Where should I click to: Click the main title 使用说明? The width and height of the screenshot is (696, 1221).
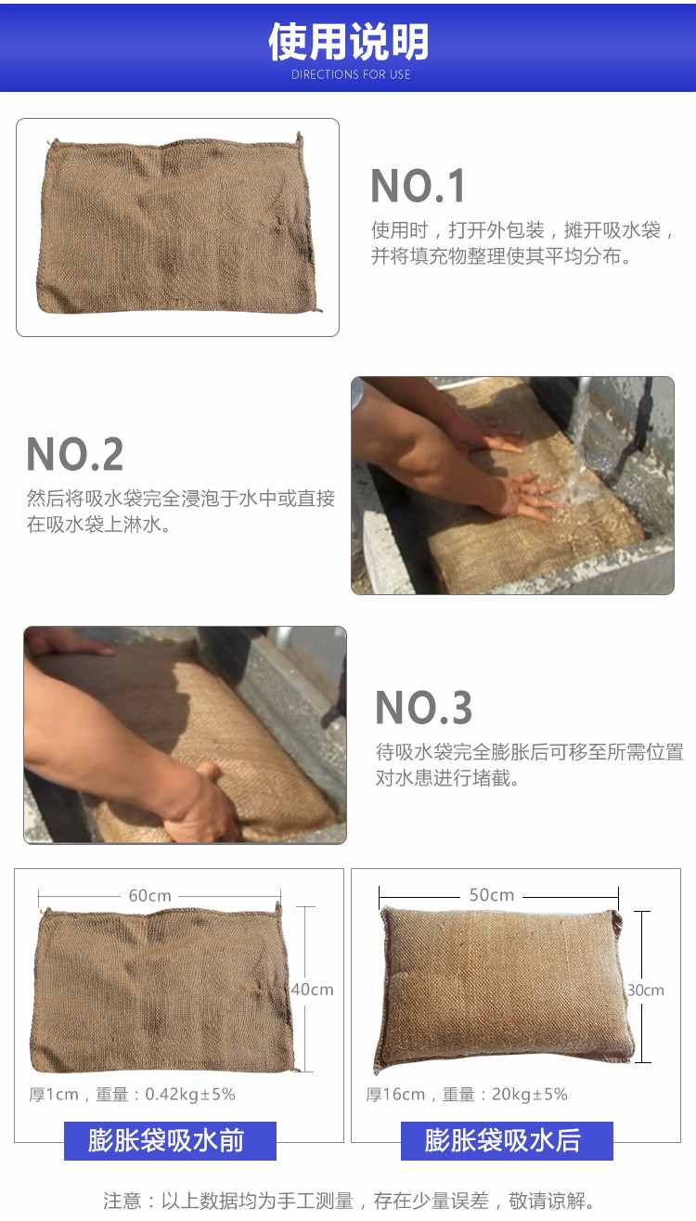click(349, 42)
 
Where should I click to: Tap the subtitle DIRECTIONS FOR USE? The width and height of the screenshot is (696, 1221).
click(351, 74)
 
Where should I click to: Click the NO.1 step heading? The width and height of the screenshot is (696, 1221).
click(418, 186)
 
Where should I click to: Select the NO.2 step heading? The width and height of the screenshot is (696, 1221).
click(75, 454)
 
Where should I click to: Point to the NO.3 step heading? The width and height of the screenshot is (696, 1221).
click(424, 708)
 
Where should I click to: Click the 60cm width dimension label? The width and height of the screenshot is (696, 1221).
click(149, 896)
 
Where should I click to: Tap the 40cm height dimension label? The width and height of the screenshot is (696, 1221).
click(312, 990)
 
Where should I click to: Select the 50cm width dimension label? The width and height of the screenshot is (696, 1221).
click(492, 895)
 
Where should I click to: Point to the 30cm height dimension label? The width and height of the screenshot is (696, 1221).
click(645, 991)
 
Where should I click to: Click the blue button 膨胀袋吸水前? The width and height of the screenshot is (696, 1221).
click(170, 1141)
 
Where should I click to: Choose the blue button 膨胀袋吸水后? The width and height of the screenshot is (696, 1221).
click(507, 1141)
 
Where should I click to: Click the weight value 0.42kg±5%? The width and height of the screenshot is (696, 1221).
click(190, 1095)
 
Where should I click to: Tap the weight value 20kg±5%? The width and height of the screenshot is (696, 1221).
click(529, 1095)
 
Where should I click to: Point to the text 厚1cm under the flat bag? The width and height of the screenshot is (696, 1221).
click(54, 1095)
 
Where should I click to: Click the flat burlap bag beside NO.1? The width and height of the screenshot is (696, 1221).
click(178, 225)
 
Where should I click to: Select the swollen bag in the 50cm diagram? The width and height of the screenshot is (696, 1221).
click(504, 988)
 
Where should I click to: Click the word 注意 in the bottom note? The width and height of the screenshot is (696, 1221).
click(122, 1201)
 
